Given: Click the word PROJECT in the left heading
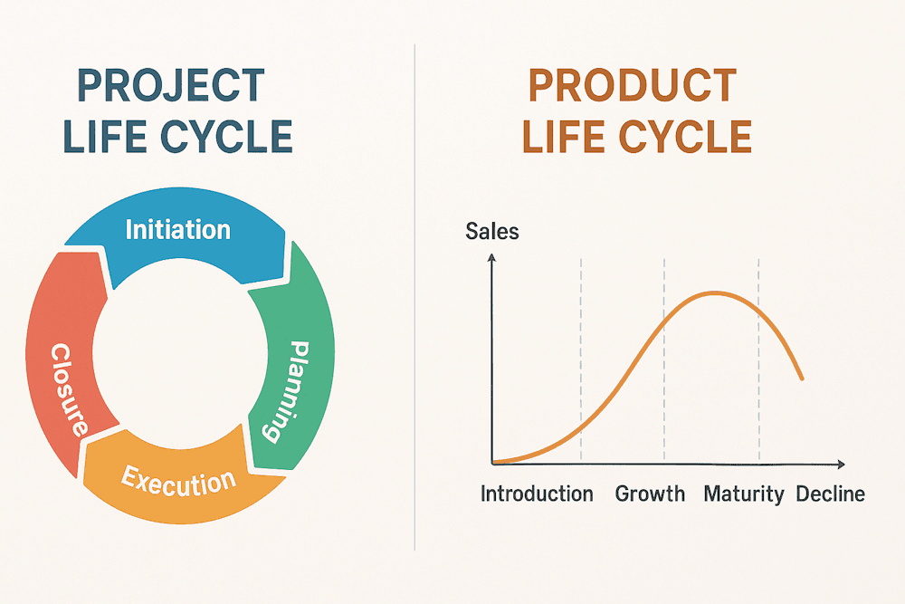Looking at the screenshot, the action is click(x=171, y=85).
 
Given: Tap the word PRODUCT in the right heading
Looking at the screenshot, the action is click(x=633, y=85).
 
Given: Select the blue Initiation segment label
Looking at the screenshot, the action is click(x=177, y=230).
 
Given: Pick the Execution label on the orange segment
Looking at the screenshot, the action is click(x=179, y=482).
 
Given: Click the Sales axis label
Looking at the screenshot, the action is click(x=491, y=232).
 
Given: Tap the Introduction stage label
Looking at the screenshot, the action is click(x=537, y=494).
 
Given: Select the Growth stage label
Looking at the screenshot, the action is click(x=650, y=494).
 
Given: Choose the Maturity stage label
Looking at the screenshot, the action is click(x=744, y=494).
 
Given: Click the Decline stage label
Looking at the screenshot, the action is click(x=831, y=494).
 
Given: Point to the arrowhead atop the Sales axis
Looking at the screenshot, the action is click(x=491, y=257).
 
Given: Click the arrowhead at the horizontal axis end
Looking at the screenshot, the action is click(x=842, y=464).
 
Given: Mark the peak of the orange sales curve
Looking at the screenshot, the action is click(x=716, y=293).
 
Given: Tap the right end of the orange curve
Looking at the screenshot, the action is click(x=802, y=379).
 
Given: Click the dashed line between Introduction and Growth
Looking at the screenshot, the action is click(x=581, y=360).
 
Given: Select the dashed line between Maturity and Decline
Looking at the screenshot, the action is click(x=758, y=360).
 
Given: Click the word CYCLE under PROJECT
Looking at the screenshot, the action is click(x=226, y=137).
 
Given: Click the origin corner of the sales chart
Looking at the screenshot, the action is click(x=492, y=463).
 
